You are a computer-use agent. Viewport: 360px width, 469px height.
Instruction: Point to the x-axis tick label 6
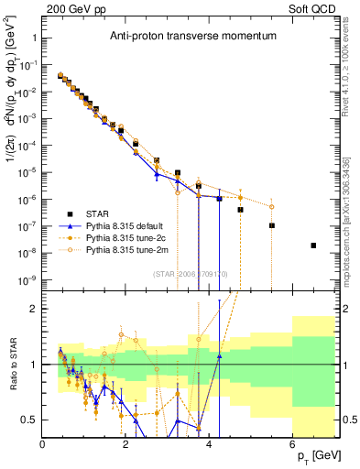coord(293,445)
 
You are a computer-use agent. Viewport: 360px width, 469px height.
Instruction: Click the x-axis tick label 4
coord(210,445)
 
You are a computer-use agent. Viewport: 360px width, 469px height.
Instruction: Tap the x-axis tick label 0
coord(43,445)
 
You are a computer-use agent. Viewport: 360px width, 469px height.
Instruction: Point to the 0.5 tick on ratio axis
coord(31,420)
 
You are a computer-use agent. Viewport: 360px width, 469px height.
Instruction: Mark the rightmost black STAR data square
coord(313,245)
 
